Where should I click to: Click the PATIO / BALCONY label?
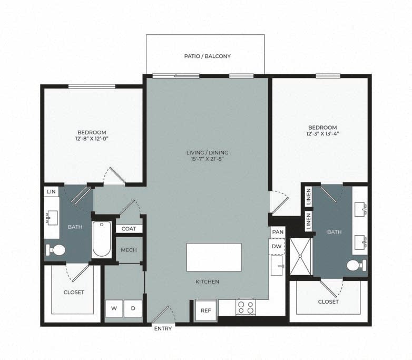[x=207, y=56]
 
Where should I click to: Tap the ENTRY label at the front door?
[x=163, y=328]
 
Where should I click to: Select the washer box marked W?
[x=114, y=308]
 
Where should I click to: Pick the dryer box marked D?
[x=133, y=308]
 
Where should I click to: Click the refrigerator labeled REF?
[x=206, y=310]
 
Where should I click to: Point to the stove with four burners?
[x=246, y=307]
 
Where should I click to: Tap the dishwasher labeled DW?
[x=277, y=246]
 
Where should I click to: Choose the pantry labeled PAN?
[x=278, y=232]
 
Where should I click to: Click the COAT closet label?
[x=129, y=229]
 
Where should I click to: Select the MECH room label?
[x=129, y=250]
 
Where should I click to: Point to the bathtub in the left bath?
[x=102, y=239]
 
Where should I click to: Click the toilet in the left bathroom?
[x=55, y=250]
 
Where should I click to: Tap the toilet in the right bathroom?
[x=357, y=265]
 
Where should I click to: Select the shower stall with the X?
[x=300, y=256]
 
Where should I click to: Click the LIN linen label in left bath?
[x=51, y=191]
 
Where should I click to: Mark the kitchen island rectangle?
[x=214, y=257]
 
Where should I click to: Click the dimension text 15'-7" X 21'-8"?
[x=207, y=159]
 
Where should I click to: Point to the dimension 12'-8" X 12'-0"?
[x=92, y=139]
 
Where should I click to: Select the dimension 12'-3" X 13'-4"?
[x=322, y=133]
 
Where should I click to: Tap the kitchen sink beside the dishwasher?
[x=277, y=266]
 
